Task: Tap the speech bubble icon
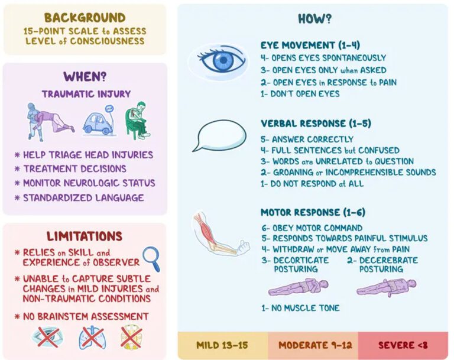219,135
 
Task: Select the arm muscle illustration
220,235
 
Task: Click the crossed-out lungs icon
92,338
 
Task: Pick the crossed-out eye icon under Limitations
47,338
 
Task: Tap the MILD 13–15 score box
223,345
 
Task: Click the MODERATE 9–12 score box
313,345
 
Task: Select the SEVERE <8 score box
403,345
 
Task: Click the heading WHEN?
85,77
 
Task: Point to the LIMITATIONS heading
85,236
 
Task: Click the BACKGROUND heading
85,18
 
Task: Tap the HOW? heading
314,19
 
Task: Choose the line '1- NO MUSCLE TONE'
300,308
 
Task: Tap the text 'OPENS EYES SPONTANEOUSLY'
329,58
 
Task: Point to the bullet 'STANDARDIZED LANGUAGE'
83,198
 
